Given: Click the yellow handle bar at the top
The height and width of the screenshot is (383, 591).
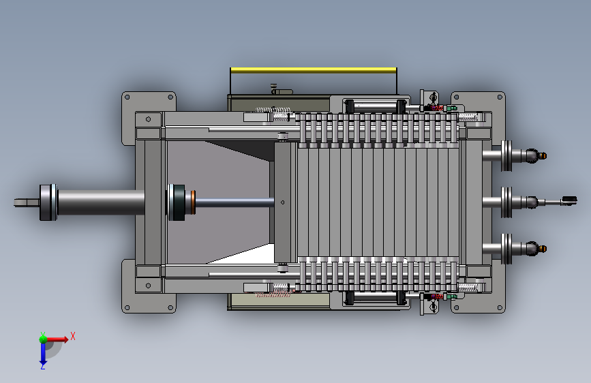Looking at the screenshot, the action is (313, 70).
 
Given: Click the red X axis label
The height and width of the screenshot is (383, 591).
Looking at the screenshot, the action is (73, 336).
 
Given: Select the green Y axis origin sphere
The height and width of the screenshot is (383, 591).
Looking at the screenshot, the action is (43, 339).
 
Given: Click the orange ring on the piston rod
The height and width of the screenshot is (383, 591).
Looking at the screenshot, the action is (194, 202).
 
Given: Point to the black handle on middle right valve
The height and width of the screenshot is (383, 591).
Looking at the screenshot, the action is (569, 200).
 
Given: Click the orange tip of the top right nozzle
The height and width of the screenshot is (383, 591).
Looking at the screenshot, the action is (543, 155).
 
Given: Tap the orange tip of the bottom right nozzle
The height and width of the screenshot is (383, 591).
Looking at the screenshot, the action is (543, 249).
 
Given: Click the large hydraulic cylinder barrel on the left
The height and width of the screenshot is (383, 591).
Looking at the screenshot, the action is (101, 202).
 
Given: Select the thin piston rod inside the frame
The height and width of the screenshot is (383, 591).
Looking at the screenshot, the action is (234, 202).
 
